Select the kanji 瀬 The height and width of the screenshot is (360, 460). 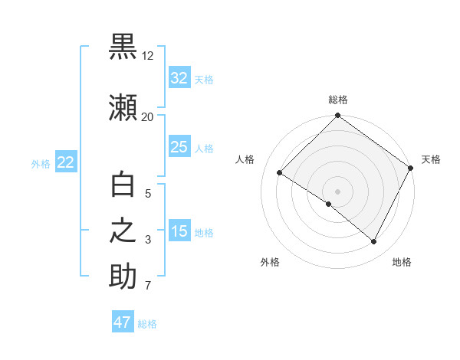[123, 108]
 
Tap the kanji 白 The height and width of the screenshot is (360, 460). [123, 185]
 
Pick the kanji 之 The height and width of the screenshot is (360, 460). [123, 231]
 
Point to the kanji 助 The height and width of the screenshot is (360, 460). [123, 277]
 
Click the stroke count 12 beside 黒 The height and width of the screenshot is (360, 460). [147, 56]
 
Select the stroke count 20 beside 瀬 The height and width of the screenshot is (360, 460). [147, 116]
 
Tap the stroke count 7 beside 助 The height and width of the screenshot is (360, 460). [147, 286]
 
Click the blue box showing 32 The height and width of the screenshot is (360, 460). [179, 78]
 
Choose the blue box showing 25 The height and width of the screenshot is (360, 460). [179, 147]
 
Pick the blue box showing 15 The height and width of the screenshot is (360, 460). [179, 231]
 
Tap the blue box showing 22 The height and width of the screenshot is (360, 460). [66, 162]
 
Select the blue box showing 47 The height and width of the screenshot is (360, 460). [123, 322]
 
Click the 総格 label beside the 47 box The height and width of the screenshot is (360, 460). [147, 324]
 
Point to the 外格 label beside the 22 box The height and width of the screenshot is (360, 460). [41, 163]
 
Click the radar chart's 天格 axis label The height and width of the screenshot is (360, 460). [431, 159]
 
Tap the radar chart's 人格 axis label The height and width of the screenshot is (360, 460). [245, 159]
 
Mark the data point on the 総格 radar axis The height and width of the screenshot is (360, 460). [337, 116]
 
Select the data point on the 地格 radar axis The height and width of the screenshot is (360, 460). [374, 242]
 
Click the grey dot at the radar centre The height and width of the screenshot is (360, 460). [337, 191]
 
